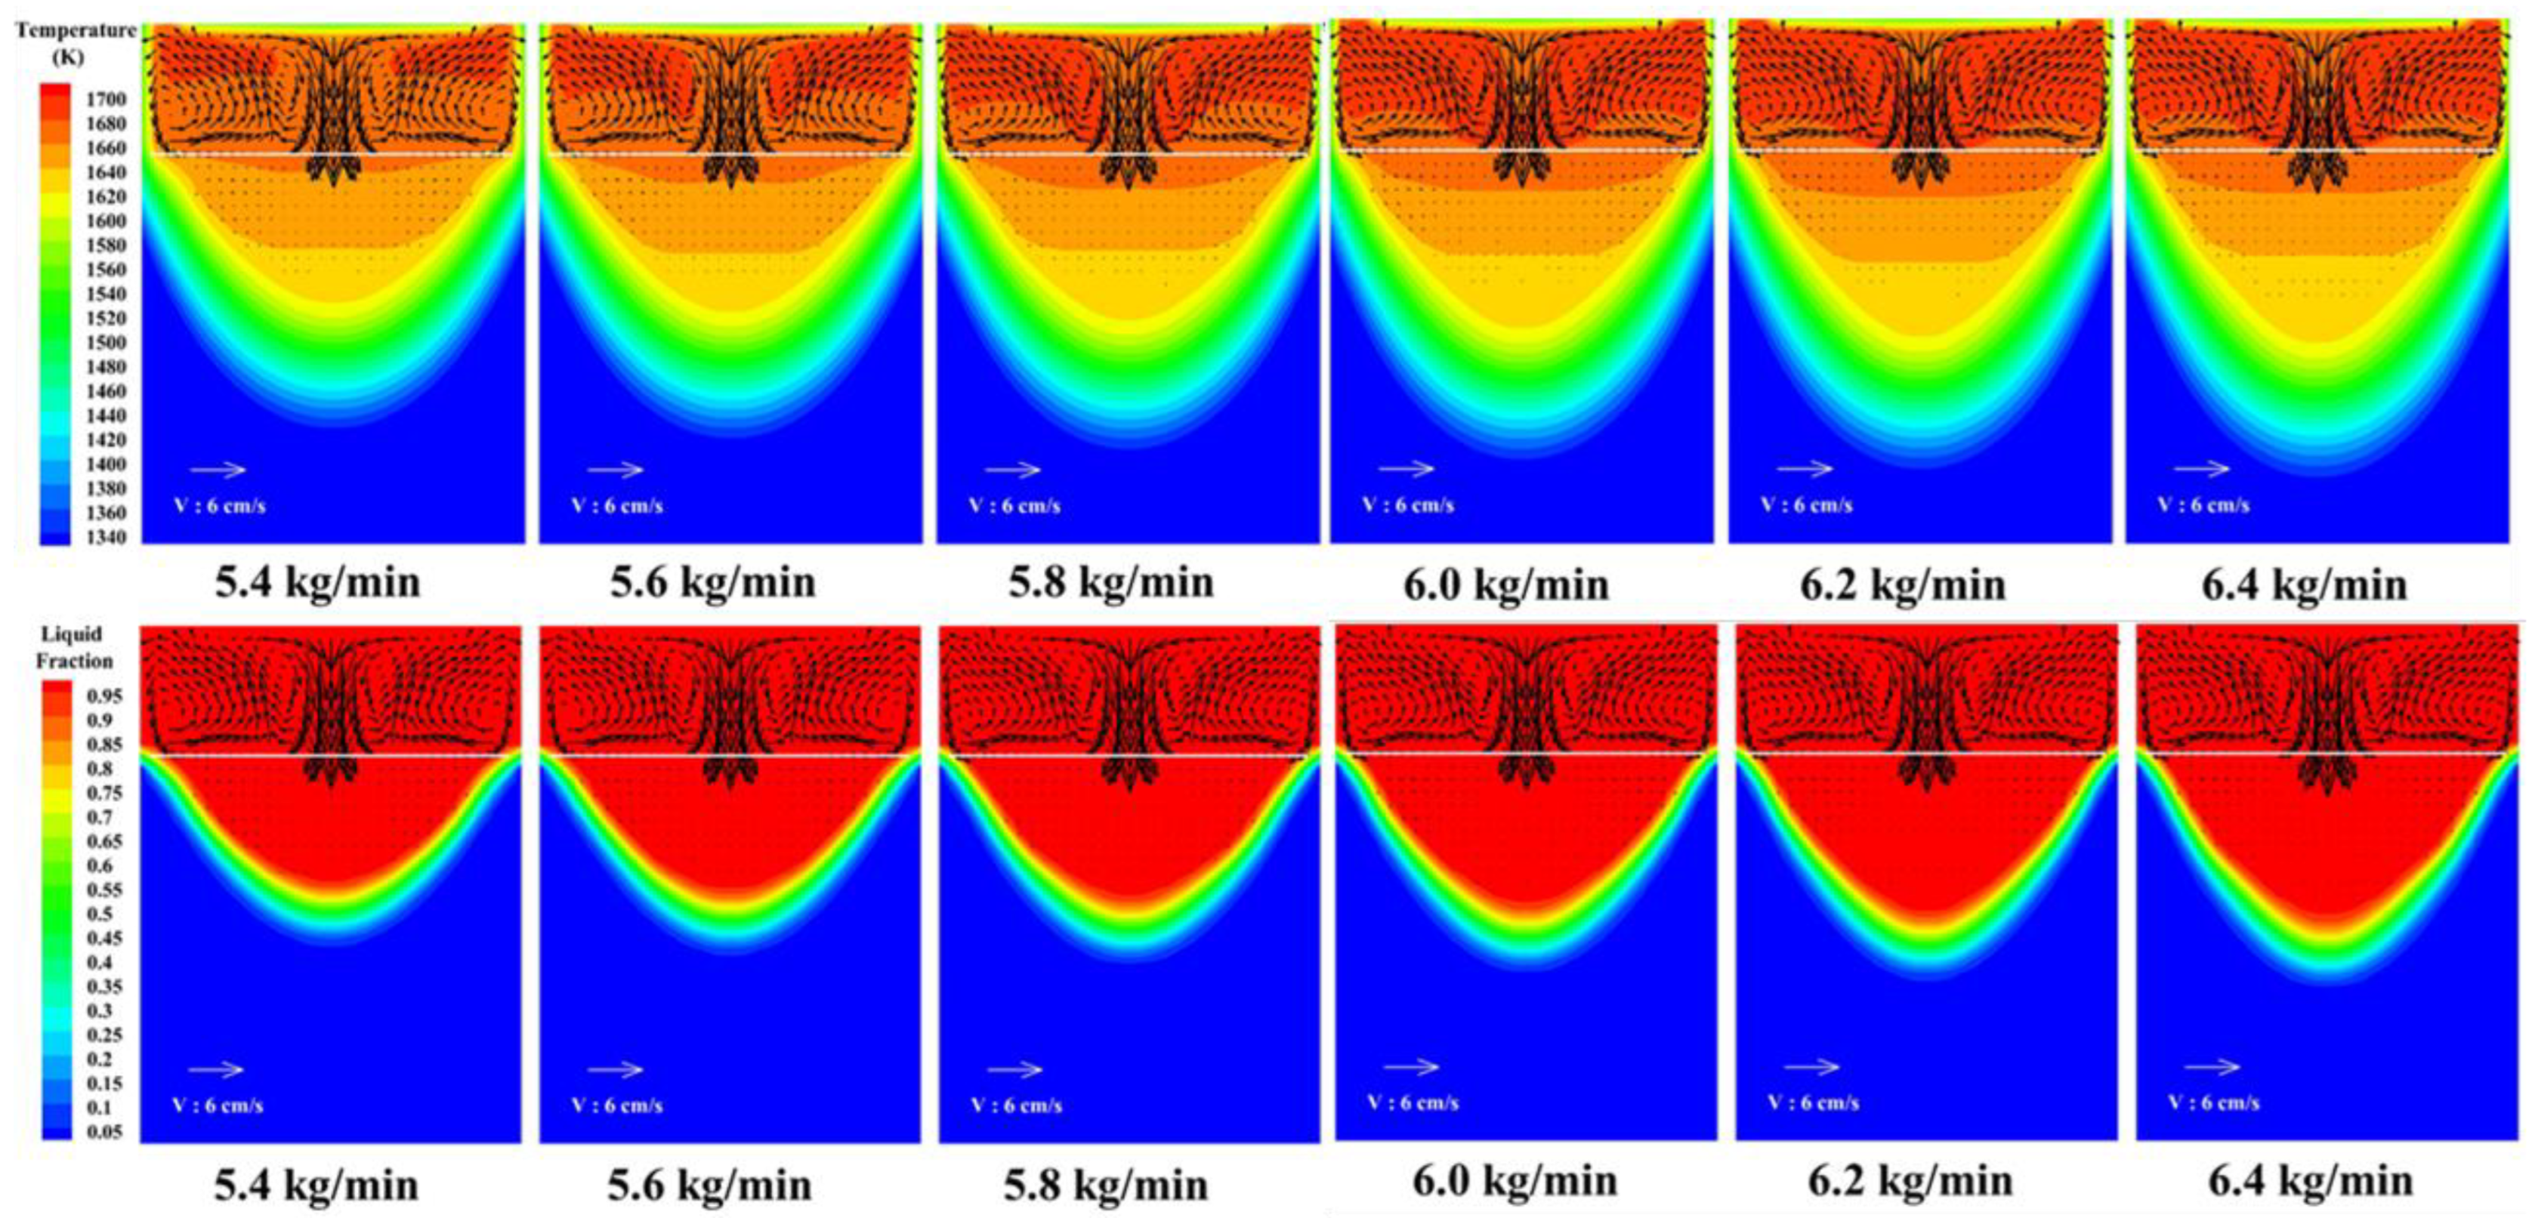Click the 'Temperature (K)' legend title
(x=75, y=42)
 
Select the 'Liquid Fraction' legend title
(x=74, y=646)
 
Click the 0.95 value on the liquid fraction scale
(x=105, y=695)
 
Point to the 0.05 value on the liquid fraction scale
(x=105, y=1131)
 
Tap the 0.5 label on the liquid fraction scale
(x=101, y=914)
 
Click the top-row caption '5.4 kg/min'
(x=318, y=582)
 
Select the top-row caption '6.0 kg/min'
(x=1505, y=585)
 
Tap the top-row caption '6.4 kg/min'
(x=2304, y=585)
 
